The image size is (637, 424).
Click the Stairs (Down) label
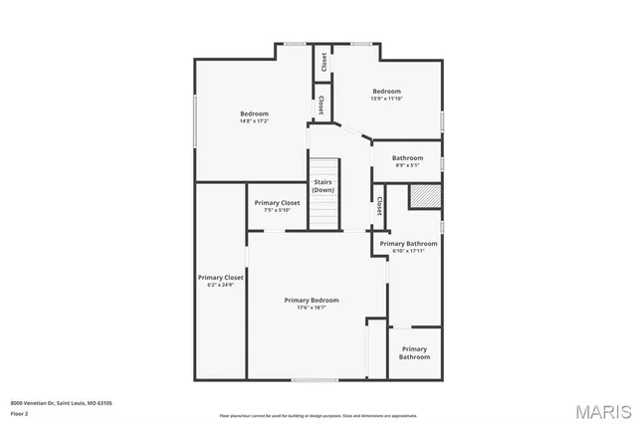[323, 186]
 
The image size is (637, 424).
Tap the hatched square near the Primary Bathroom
[425, 197]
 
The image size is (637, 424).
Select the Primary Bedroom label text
[312, 300]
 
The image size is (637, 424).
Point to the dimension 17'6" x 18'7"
[312, 308]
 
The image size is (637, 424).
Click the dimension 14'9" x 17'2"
[254, 121]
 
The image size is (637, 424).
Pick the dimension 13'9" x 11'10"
[387, 99]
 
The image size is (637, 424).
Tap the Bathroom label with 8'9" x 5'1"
[407, 157]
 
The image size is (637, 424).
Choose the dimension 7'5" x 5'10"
[277, 210]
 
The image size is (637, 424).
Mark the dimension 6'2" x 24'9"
[220, 286]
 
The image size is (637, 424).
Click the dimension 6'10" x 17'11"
[408, 251]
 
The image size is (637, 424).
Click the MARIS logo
[602, 410]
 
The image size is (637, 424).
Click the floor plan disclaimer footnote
[318, 415]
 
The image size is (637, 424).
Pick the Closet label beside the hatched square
[380, 207]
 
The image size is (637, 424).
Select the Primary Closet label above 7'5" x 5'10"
[277, 202]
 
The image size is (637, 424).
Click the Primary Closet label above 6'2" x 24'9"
[220, 278]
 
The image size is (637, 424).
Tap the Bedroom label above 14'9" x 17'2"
[254, 113]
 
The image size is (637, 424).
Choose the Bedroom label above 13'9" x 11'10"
[387, 91]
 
